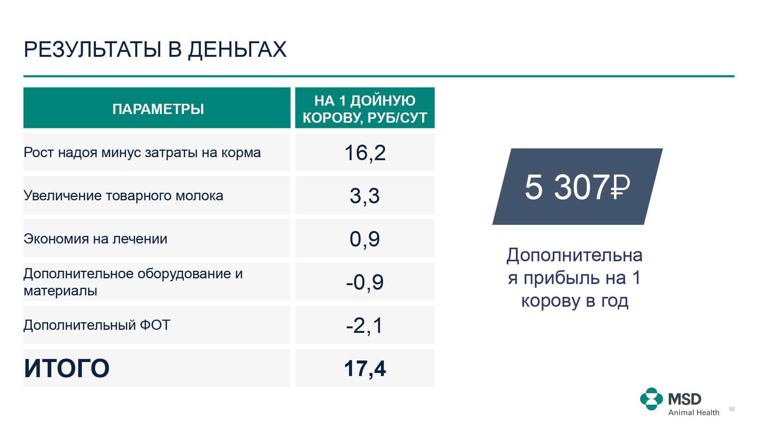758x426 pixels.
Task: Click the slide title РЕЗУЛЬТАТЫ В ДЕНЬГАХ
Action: click(x=155, y=50)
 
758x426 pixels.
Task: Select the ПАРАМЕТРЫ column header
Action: click(x=158, y=109)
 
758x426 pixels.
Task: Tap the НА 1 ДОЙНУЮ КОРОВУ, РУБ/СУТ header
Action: click(x=365, y=109)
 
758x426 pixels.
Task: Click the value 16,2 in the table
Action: click(x=365, y=153)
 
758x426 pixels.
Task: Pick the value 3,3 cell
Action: click(x=365, y=196)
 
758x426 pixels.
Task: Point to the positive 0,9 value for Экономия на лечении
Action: click(x=365, y=239)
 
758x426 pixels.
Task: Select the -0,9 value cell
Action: click(x=365, y=282)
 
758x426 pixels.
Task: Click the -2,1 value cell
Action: click(x=365, y=325)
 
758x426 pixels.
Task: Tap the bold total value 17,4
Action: click(x=365, y=368)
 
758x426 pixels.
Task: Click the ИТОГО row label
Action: click(x=67, y=368)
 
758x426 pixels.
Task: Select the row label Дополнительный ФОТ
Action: click(x=97, y=325)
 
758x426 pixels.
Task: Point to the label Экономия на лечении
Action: click(x=96, y=239)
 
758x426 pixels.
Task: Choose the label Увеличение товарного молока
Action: click(x=124, y=196)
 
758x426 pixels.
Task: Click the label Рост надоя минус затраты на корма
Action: click(x=142, y=153)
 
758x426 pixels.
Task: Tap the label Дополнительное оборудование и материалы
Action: click(x=133, y=282)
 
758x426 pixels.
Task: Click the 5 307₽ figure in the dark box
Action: click(x=577, y=187)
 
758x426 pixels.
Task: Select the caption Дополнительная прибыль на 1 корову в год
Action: click(x=575, y=278)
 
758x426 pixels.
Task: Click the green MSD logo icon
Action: click(x=652, y=399)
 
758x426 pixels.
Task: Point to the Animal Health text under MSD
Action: click(x=694, y=413)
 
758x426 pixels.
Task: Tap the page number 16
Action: click(x=731, y=409)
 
